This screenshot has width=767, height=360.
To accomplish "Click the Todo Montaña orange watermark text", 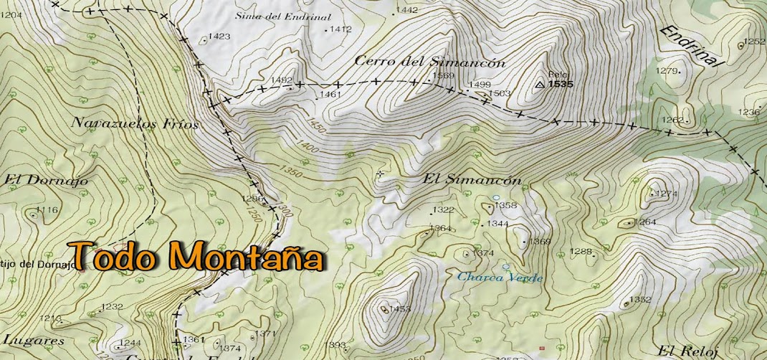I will (x=195, y=256).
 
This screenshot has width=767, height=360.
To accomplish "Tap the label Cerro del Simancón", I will (x=430, y=62).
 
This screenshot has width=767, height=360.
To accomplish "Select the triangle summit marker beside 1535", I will (x=540, y=85).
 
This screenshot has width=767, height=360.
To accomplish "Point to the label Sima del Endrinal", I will (x=283, y=16).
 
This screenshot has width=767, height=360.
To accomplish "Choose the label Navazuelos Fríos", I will (x=134, y=123).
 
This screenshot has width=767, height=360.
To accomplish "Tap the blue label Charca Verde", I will (x=500, y=278).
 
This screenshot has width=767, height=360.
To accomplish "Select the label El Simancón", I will (x=472, y=180).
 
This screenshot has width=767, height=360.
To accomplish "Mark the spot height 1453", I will (x=401, y=309).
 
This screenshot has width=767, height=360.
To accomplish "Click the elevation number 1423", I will (x=219, y=37).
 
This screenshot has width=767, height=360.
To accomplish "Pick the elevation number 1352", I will (x=640, y=300).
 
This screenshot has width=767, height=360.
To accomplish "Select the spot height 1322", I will (x=444, y=210).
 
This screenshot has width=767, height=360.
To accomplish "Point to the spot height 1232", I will (x=113, y=306).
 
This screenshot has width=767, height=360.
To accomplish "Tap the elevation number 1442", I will (x=407, y=10).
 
